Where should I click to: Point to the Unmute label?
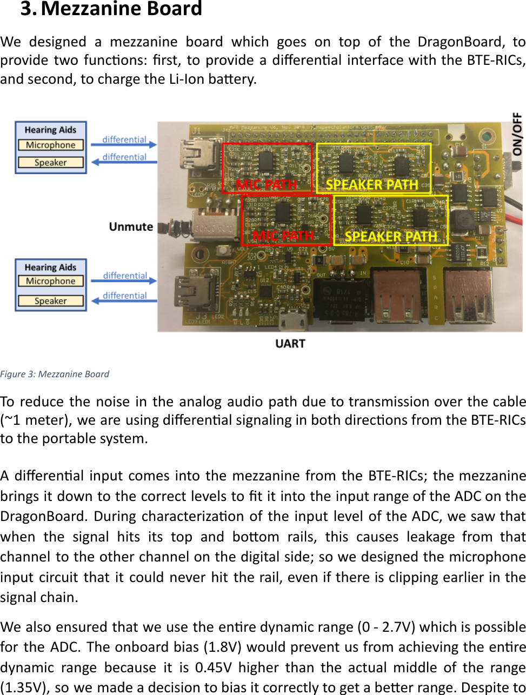[131, 226]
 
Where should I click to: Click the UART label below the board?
[290, 344]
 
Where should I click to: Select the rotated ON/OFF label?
[517, 133]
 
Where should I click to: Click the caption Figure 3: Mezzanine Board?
[55, 374]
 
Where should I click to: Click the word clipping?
[406, 577]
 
